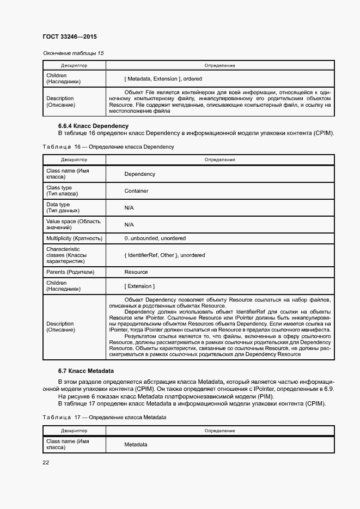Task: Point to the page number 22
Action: click(x=46, y=463)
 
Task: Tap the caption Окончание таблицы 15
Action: click(x=73, y=53)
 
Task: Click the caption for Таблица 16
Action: click(x=108, y=147)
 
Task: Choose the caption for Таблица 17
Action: click(x=104, y=417)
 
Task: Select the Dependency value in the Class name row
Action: click(x=139, y=174)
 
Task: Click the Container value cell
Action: click(x=136, y=191)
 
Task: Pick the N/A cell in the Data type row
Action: click(x=129, y=208)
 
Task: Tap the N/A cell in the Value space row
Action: click(x=129, y=225)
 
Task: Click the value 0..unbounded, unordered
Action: click(x=155, y=238)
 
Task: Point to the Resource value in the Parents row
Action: click(x=136, y=272)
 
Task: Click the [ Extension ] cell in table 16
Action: click(x=139, y=286)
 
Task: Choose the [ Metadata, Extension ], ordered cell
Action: click(x=163, y=79)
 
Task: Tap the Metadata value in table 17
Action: click(x=136, y=445)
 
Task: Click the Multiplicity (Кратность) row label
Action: click(x=74, y=238)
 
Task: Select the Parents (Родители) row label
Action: click(x=70, y=272)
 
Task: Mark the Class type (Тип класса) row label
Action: click(x=62, y=191)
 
